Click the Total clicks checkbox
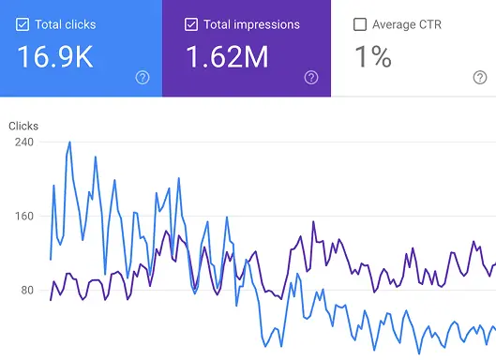(x=23, y=24)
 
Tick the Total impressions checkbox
(x=191, y=24)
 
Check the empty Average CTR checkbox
(x=360, y=24)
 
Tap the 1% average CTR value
(x=373, y=57)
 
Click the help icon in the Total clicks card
(x=143, y=78)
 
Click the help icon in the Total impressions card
(x=311, y=78)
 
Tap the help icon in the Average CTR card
(x=480, y=78)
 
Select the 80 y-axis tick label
(x=23, y=291)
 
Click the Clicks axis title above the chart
(x=24, y=124)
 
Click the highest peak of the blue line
(x=69, y=142)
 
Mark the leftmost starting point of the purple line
(x=51, y=300)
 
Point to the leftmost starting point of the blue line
(x=51, y=259)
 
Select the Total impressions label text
(x=250, y=24)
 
